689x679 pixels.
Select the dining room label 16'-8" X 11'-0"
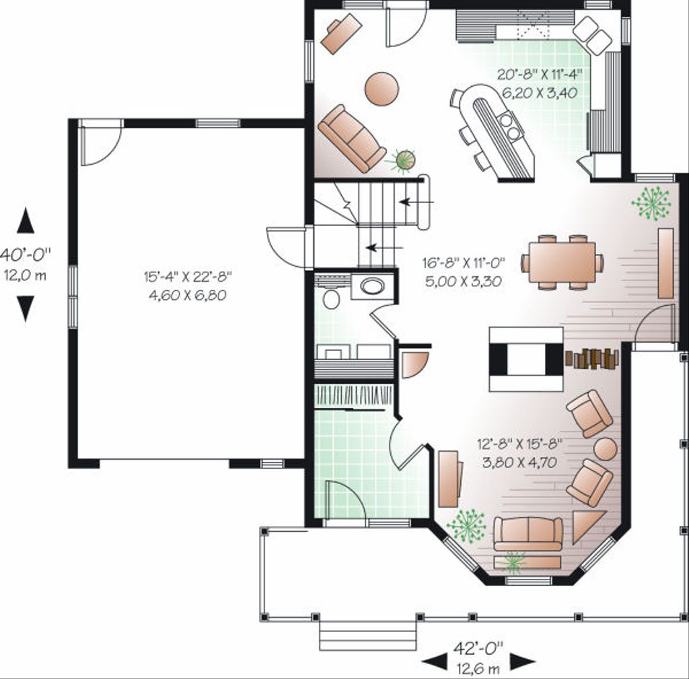click(x=464, y=263)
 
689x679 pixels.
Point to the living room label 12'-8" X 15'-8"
click(x=519, y=444)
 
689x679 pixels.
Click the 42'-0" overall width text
click(x=478, y=649)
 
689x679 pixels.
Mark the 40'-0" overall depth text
click(x=25, y=255)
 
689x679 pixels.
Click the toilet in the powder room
click(x=331, y=296)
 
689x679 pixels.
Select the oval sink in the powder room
click(x=372, y=287)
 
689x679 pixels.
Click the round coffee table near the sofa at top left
click(x=382, y=88)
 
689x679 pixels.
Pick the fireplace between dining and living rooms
click(x=525, y=359)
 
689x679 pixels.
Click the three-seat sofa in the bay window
click(x=528, y=534)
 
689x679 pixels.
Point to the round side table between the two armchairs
click(x=605, y=448)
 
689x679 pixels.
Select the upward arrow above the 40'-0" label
click(x=26, y=221)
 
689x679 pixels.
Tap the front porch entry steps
click(x=367, y=636)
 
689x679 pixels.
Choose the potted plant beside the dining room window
click(x=651, y=202)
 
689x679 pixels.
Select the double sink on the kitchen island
click(x=510, y=126)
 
